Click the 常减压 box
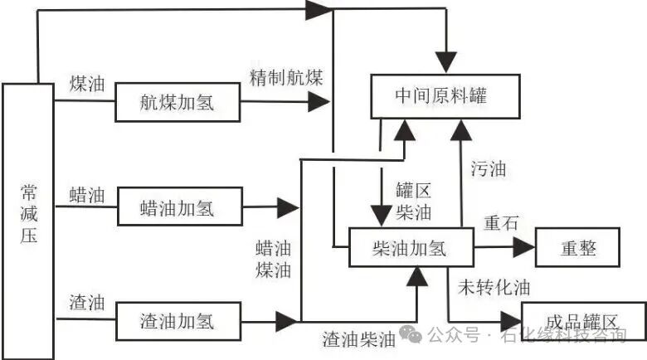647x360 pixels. click(28, 221)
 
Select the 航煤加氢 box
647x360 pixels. click(177, 103)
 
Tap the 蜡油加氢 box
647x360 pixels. click(177, 207)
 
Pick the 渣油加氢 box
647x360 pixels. click(177, 320)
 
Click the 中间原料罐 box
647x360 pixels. click(445, 95)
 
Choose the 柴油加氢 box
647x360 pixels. click(411, 246)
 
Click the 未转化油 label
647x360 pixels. click(494, 288)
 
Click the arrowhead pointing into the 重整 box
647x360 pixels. click(524, 246)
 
